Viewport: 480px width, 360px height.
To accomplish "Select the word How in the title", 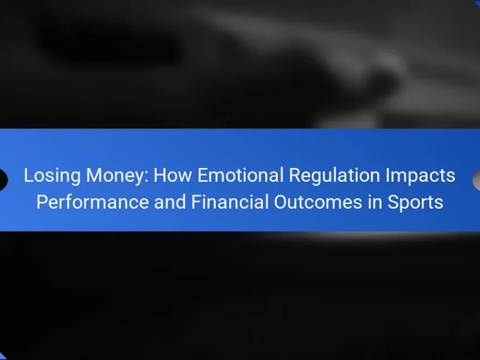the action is pyautogui.click(x=173, y=175).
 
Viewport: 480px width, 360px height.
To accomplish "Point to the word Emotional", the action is pyautogui.click(x=241, y=175).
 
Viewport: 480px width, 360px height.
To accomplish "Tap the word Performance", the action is pyautogui.click(x=92, y=202).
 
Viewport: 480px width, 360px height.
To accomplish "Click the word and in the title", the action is pyautogui.click(x=170, y=202).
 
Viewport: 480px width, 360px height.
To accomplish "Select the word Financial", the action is pyautogui.click(x=230, y=202).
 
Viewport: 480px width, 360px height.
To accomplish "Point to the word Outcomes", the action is pyautogui.click(x=318, y=202).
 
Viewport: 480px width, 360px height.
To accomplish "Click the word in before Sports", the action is pyautogui.click(x=374, y=202).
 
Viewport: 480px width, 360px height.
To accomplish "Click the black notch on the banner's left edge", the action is pyautogui.click(x=4, y=180).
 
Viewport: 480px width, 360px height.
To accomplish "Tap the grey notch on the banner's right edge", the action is pyautogui.click(x=476, y=180).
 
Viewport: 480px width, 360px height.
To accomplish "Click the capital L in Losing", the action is pyautogui.click(x=28, y=175).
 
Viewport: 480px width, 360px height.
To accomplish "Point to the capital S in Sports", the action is pyautogui.click(x=394, y=202).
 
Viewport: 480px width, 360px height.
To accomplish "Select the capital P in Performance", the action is pyautogui.click(x=42, y=202).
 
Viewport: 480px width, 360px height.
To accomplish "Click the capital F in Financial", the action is pyautogui.click(x=197, y=202).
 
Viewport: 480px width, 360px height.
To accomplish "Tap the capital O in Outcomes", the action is pyautogui.click(x=281, y=202).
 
